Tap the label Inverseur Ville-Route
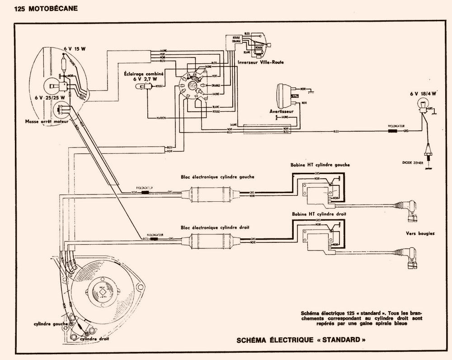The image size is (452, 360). pos(259,62)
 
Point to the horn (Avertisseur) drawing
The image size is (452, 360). pos(286,94)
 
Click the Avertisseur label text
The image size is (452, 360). pos(282,111)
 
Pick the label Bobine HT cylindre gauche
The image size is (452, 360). pos(321,165)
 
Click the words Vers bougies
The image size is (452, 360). pos(420,233)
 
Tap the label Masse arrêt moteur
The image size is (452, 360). pos(47,122)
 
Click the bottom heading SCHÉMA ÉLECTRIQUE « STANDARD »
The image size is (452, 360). pos(301,340)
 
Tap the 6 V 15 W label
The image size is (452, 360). pos(64,48)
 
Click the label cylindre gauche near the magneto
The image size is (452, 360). pos(50,324)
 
